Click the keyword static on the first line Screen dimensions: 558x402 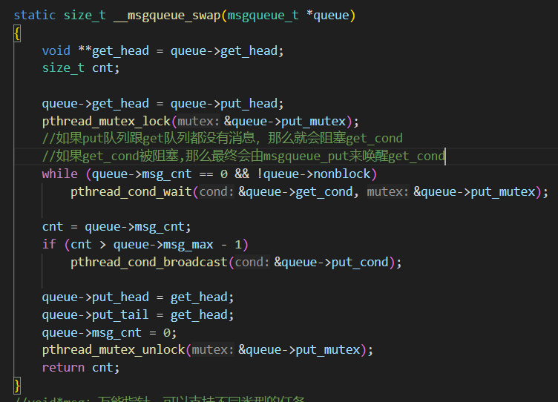(34, 15)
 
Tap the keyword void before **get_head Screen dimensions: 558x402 (56, 50)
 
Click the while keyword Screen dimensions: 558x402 (59, 174)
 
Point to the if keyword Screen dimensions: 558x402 (49, 244)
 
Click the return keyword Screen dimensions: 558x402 (63, 367)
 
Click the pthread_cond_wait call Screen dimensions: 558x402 (131, 191)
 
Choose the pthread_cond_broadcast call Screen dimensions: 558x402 (149, 262)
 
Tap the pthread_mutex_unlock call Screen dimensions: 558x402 (114, 349)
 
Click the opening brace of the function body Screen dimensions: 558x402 (17, 33)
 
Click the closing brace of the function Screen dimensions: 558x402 (17, 385)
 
